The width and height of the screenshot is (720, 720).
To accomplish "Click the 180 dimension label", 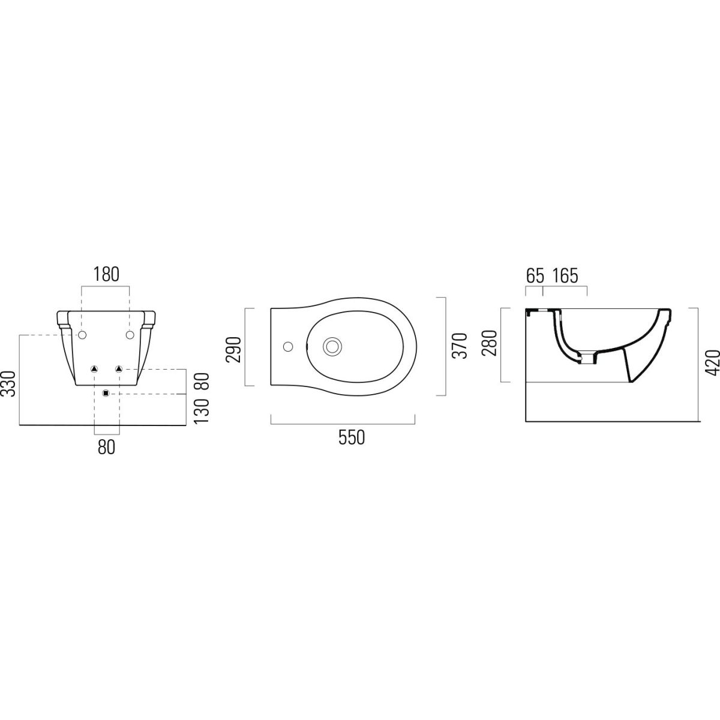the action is (x=106, y=275).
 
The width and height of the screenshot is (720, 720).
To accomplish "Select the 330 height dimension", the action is (x=9, y=384).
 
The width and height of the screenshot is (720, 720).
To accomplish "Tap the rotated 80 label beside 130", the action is (x=202, y=382).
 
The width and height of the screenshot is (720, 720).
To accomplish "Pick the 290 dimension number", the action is (x=233, y=349).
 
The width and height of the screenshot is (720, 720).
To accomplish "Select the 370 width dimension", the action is (x=460, y=346).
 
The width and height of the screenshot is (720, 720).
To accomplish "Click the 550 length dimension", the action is (x=351, y=437).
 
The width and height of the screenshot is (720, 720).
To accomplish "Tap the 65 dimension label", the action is (x=535, y=276).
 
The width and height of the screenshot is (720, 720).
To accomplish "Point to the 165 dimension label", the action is (x=565, y=276).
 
